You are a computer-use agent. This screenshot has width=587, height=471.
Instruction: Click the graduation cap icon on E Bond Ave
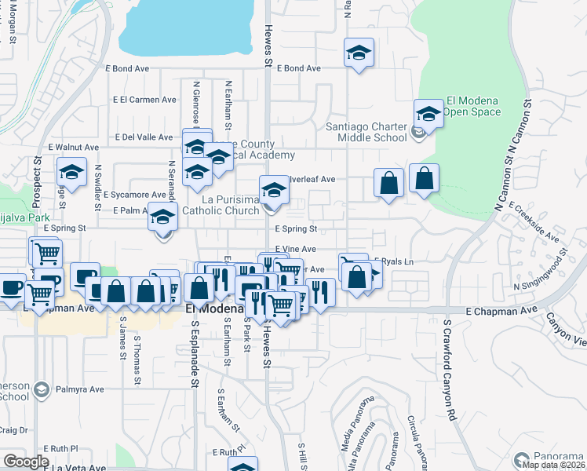click(x=359, y=53)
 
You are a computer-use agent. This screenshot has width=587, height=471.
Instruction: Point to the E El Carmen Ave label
click(x=144, y=100)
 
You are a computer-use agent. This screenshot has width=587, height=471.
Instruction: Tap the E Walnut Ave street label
click(x=73, y=147)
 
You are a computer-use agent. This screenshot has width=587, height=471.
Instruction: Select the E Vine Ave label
click(x=295, y=248)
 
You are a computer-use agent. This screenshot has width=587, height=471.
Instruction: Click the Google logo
click(x=26, y=462)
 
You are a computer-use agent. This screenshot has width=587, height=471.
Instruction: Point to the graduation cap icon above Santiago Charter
click(x=428, y=113)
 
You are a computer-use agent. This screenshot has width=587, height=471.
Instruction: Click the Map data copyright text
click(x=552, y=465)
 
